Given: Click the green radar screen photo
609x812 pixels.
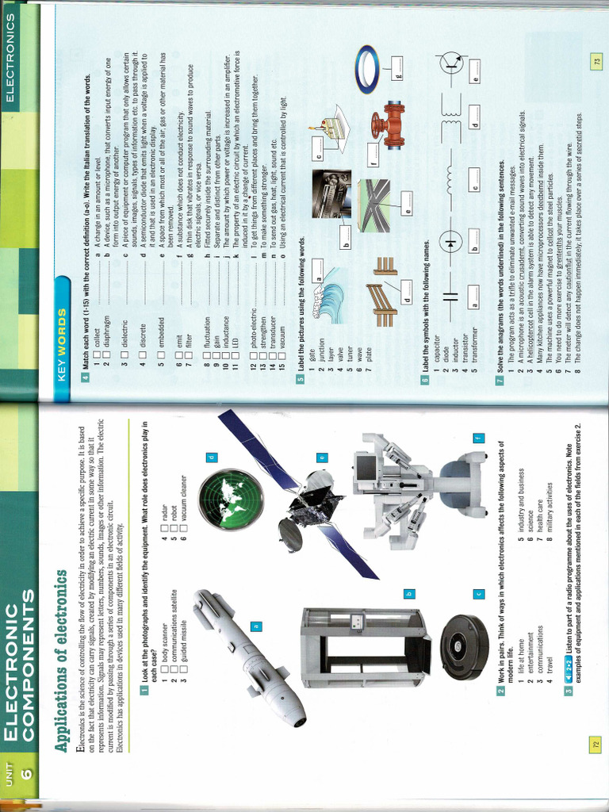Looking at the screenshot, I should [x=231, y=500].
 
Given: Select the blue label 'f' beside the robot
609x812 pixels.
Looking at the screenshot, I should [x=478, y=439].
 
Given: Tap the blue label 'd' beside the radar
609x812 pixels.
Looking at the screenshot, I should [x=212, y=458].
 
